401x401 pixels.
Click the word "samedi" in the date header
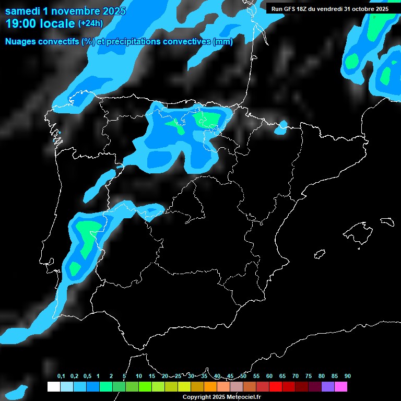(x=24, y=11)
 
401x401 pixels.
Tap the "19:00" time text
(x=20, y=23)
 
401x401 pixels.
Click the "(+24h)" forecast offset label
(x=90, y=23)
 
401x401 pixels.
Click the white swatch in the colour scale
(x=53, y=387)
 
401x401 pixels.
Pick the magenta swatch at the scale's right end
(x=341, y=387)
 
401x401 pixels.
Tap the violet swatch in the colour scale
(x=328, y=387)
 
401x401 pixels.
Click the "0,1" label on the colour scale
(x=61, y=376)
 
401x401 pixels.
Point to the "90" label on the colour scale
(x=348, y=376)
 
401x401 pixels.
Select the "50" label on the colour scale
(x=243, y=376)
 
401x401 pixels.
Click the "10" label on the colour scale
(x=139, y=376)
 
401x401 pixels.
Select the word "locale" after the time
(x=57, y=23)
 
